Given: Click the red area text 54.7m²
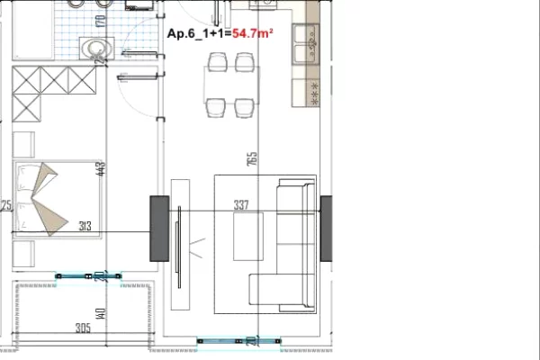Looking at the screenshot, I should [x=253, y=34].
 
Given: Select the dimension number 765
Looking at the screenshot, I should [x=252, y=158].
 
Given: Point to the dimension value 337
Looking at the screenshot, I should [x=240, y=205].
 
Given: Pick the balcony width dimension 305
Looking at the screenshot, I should [x=83, y=327].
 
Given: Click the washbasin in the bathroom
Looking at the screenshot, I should [x=92, y=49].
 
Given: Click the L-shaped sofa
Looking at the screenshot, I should [x=292, y=243].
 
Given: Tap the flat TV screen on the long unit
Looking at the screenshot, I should [x=180, y=236].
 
